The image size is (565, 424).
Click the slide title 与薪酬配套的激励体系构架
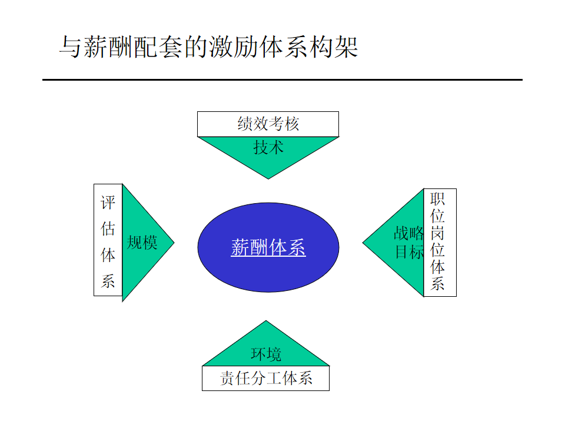[x=208, y=47]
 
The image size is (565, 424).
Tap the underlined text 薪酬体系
[x=268, y=248]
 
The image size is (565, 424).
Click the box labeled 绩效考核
[x=268, y=124]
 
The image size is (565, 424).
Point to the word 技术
[x=268, y=147]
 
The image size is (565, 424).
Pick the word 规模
[x=142, y=242]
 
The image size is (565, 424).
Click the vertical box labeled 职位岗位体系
[x=439, y=242]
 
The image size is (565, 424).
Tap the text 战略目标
[x=408, y=242]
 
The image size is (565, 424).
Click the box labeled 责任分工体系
[x=265, y=378]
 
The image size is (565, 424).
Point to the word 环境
[x=266, y=354]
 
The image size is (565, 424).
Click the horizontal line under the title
[x=282, y=79]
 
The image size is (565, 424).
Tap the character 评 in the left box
[x=108, y=204]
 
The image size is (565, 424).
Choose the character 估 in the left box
[x=108, y=229]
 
